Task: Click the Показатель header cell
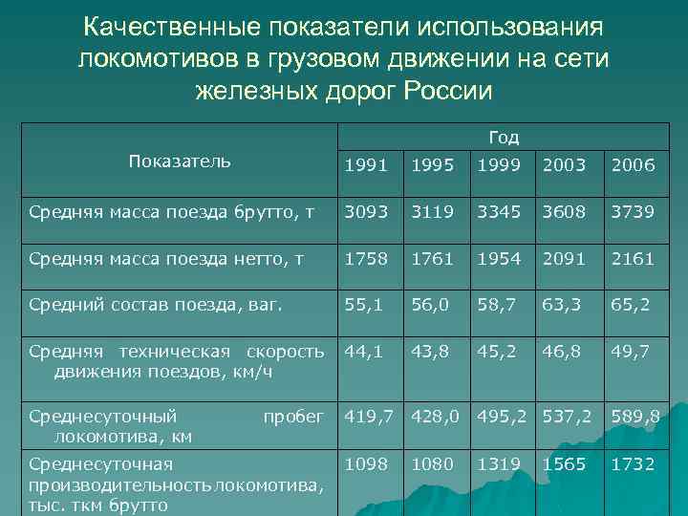179,161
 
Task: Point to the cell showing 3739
632,209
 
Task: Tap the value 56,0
431,306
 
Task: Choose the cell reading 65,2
632,306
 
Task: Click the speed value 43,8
431,352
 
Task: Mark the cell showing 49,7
632,352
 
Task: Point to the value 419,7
371,417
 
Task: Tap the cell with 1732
632,463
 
